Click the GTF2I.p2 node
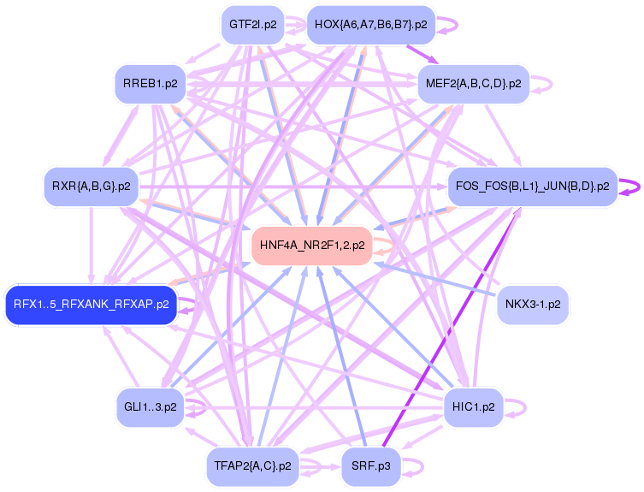click(x=252, y=25)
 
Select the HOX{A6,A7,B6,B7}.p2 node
click(x=371, y=25)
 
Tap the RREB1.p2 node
click(x=151, y=84)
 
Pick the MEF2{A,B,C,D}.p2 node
click(x=474, y=84)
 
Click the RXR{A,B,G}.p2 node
click(x=92, y=187)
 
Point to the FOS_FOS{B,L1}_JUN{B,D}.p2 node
click(x=533, y=187)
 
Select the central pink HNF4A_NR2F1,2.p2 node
click(x=312, y=246)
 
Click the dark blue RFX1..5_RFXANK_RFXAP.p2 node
click(x=92, y=305)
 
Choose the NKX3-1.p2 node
click(x=533, y=305)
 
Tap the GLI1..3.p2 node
click(x=151, y=407)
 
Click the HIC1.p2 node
click(x=474, y=407)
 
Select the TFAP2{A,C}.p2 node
click(x=252, y=466)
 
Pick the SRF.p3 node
click(x=371, y=466)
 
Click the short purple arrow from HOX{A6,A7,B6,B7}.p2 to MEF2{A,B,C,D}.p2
click(x=422, y=54)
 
